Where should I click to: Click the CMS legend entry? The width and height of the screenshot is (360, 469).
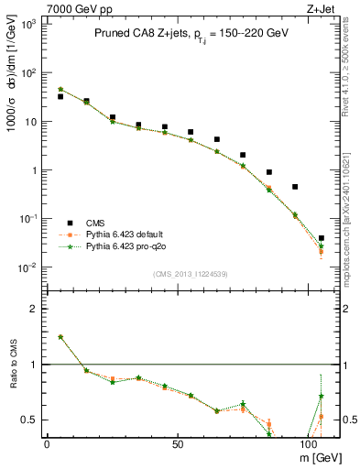point(96,222)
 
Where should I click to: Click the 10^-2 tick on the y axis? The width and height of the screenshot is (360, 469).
point(25,267)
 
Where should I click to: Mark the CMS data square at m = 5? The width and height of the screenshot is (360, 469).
point(60,96)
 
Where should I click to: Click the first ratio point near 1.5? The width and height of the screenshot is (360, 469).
point(60,337)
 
